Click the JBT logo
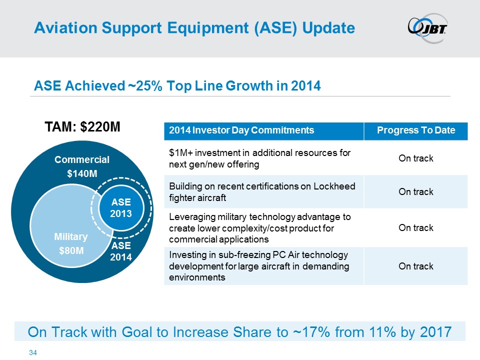(x=427, y=28)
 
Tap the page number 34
(x=33, y=352)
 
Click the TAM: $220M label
(x=82, y=126)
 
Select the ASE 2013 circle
(x=121, y=208)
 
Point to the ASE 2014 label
(x=121, y=251)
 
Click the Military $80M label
(x=71, y=243)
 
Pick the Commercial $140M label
(x=82, y=166)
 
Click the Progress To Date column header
(x=416, y=130)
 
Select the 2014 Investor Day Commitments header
(x=241, y=130)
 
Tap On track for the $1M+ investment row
(x=416, y=158)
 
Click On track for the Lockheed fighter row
(x=416, y=191)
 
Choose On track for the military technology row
(x=416, y=228)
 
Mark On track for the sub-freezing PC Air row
(x=416, y=266)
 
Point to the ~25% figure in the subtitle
(x=145, y=85)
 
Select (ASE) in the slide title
(x=275, y=28)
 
